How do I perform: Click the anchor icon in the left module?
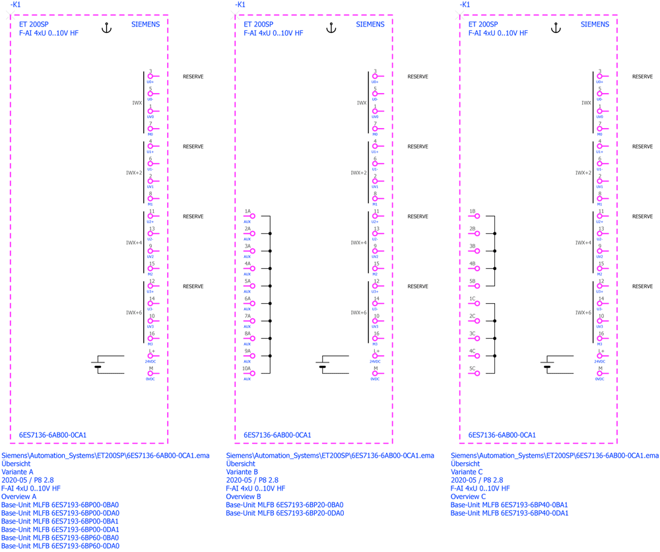point(106,27)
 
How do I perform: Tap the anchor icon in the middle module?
point(331,27)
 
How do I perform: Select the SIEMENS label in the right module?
point(594,24)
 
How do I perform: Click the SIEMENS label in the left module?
point(145,24)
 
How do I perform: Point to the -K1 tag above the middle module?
point(240,4)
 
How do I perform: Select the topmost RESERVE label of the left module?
point(193,77)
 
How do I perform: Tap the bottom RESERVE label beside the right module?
point(642,287)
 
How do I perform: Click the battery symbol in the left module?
point(98,366)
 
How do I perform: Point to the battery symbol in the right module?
point(547,366)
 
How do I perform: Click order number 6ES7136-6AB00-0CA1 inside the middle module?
point(277,435)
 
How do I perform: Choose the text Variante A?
point(17,472)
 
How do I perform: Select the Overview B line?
point(244,497)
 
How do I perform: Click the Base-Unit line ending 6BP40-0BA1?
point(509,505)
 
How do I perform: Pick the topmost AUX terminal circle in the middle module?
point(251,216)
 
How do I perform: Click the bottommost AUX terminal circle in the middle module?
point(251,373)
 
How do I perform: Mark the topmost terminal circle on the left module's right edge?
point(150,77)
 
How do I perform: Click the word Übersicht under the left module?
point(16,464)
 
